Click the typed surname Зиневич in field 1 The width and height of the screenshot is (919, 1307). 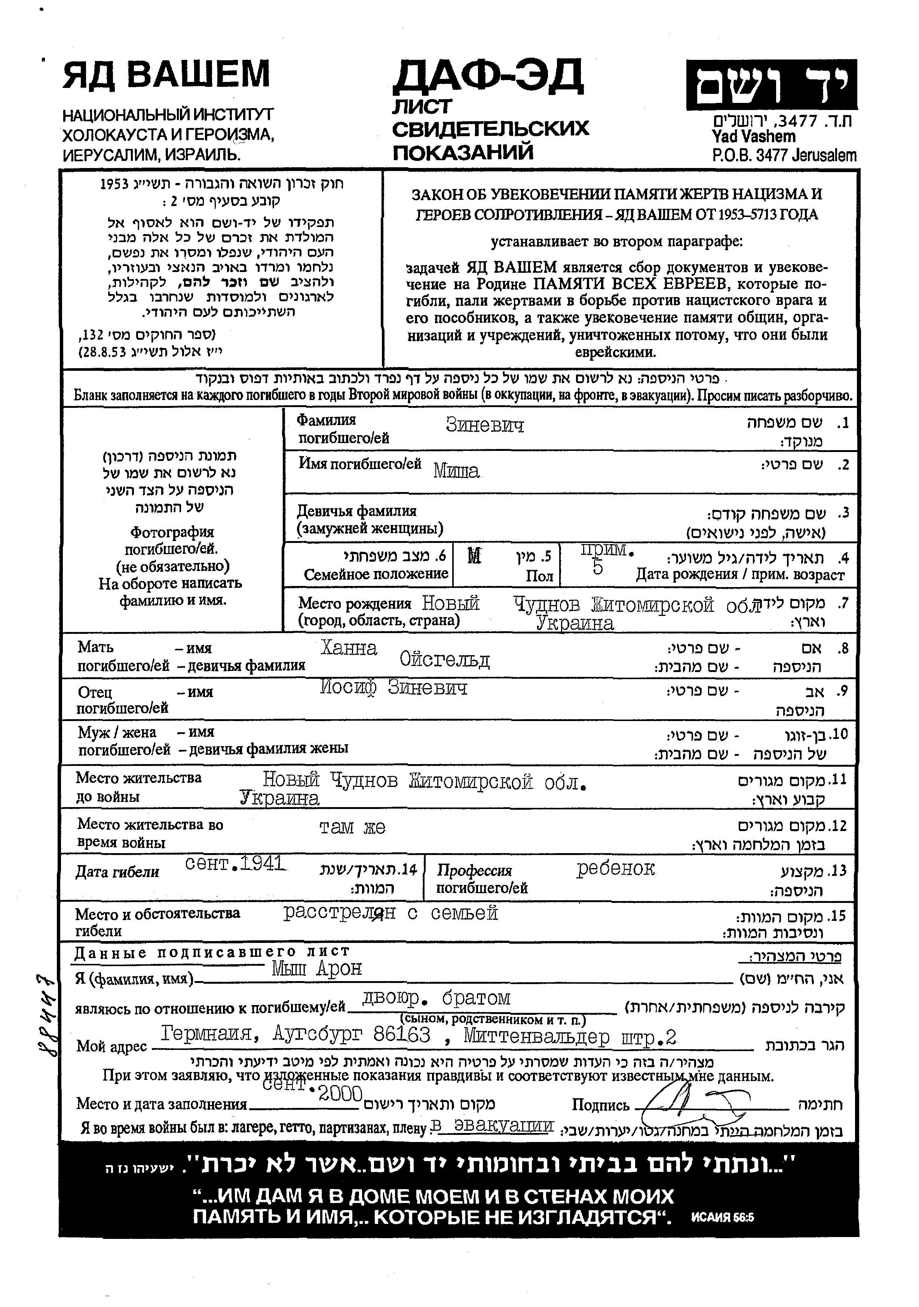coord(484,425)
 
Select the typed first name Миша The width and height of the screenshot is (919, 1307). coord(456,471)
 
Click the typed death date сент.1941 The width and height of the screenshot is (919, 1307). coord(235,864)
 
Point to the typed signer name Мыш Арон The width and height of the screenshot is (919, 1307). coord(316,968)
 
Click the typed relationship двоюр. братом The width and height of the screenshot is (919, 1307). coord(436,998)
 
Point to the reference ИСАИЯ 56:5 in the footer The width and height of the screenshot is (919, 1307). coord(722,1218)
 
